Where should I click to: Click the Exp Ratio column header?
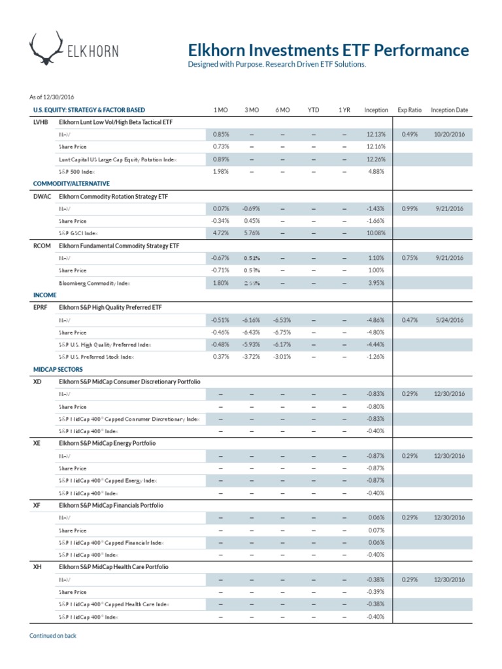tap(409, 110)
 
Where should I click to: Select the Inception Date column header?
tap(449, 110)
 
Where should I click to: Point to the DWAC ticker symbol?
tap(42, 196)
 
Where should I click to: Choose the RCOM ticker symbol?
tap(42, 246)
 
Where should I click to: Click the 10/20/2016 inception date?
tap(448, 135)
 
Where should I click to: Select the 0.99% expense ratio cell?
tap(409, 208)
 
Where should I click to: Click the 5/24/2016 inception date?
tap(450, 320)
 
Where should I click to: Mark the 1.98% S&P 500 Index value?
tap(221, 172)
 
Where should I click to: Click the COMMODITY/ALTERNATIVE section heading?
tap(71, 184)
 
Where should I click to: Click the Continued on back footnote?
tap(53, 636)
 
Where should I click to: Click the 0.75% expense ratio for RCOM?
tap(409, 258)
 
